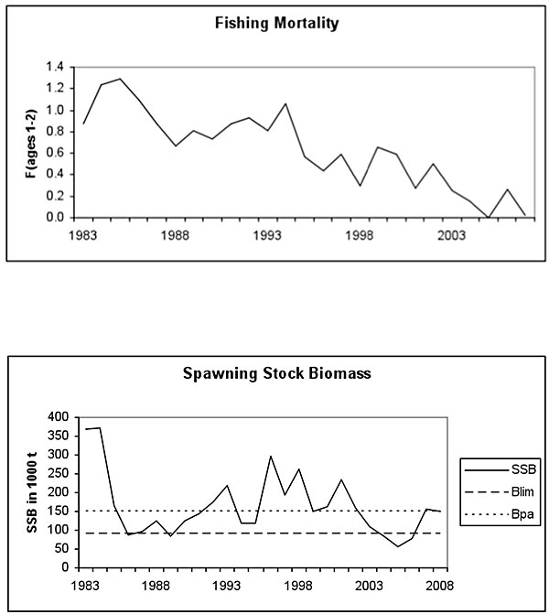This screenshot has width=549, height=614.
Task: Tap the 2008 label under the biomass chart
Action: (x=439, y=585)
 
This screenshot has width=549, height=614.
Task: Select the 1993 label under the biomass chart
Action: (x=227, y=585)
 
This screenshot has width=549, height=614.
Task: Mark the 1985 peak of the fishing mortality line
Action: (x=120, y=79)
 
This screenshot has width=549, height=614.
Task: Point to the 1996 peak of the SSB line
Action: (x=271, y=456)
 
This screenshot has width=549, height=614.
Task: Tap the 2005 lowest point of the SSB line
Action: (x=398, y=546)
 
